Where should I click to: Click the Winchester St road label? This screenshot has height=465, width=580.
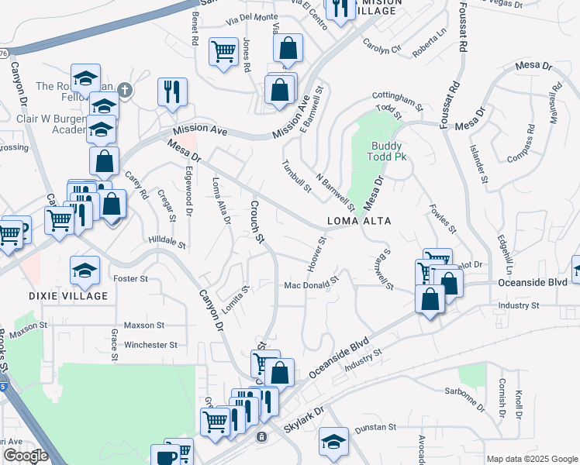tap(151, 344)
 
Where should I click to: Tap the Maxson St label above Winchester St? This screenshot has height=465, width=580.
tap(144, 325)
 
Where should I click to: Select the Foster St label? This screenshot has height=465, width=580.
tap(130, 278)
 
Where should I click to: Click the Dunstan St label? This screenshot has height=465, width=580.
tap(375, 427)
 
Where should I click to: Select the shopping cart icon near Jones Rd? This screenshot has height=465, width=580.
tap(224, 51)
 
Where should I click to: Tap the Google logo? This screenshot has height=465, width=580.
tap(26, 456)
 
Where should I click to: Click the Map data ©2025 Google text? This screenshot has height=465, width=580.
tap(531, 459)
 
